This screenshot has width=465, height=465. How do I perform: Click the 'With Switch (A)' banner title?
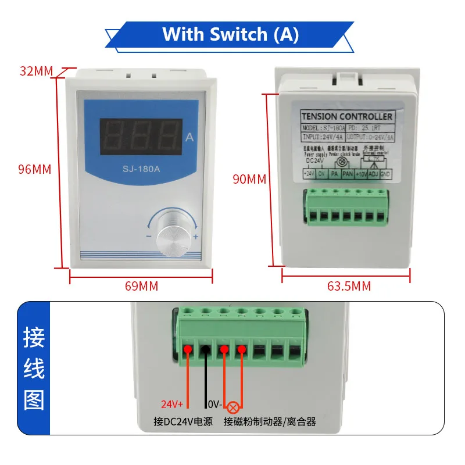point(231,34)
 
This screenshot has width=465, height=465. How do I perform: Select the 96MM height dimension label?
point(35,170)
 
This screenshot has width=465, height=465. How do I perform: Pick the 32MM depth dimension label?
point(35,71)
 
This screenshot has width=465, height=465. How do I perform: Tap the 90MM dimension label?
point(249,179)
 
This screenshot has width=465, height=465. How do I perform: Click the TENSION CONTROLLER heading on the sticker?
point(348,116)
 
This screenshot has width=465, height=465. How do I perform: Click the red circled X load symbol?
point(234,406)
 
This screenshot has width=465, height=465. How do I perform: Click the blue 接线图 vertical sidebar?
point(34,369)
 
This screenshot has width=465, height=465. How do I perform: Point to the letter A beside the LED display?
point(189,138)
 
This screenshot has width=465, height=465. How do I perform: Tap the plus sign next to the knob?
point(196,237)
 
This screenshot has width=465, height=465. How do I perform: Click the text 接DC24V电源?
point(184,421)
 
